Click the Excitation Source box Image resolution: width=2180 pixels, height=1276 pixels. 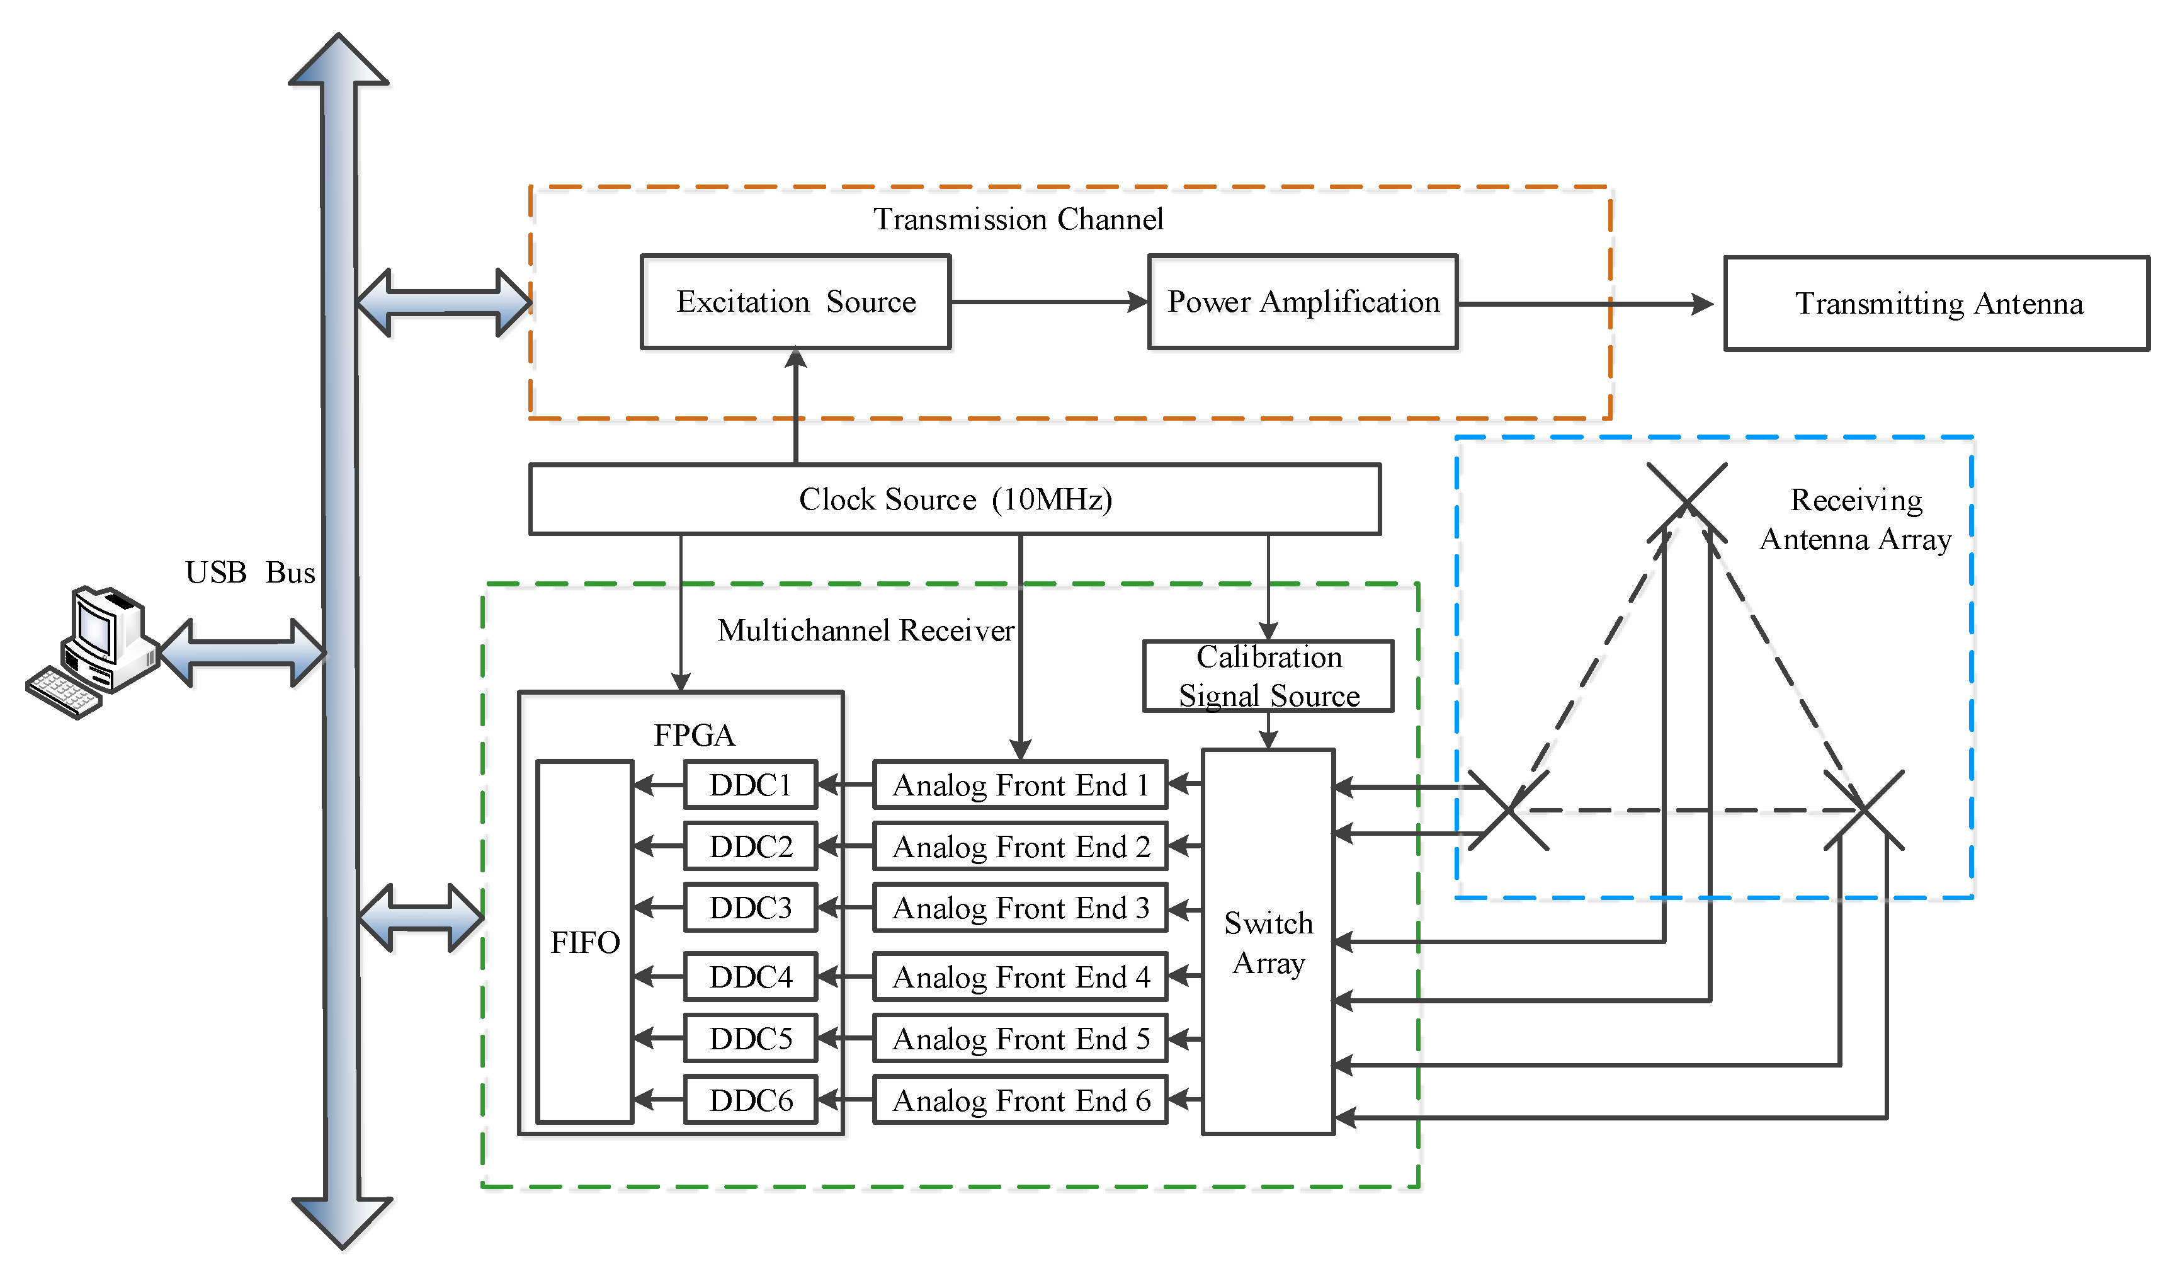click(796, 302)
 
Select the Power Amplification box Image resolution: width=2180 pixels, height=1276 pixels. click(1303, 302)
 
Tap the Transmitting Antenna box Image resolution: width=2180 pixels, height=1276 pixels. click(1937, 304)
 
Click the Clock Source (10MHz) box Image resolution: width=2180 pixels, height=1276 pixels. click(955, 499)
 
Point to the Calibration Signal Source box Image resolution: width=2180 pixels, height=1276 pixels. click(1268, 676)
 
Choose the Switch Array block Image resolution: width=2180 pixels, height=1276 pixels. click(1268, 942)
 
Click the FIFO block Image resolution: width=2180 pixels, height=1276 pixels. click(585, 942)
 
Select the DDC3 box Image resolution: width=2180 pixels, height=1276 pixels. click(751, 908)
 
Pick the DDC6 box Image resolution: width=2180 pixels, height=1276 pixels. click(751, 1100)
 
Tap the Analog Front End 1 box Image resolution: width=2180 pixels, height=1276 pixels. click(1021, 785)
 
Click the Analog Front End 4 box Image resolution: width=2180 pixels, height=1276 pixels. click(1021, 977)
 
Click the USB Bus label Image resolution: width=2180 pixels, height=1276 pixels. click(250, 572)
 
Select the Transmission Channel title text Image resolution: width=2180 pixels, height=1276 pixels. click(1018, 219)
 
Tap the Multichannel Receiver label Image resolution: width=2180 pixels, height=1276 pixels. click(866, 630)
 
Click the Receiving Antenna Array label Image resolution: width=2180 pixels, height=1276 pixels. click(1856, 519)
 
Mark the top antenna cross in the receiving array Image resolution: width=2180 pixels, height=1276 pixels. click(1687, 503)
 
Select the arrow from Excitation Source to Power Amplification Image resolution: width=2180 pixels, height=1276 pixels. click(1049, 302)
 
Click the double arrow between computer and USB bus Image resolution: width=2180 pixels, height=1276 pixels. click(243, 653)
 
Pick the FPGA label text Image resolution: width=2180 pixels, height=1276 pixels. click(695, 736)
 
